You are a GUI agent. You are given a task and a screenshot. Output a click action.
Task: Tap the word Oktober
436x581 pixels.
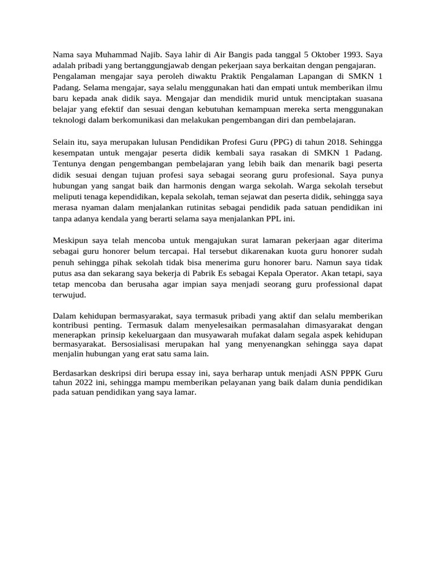321,55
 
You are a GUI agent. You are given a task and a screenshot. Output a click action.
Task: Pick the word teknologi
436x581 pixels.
71,120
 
